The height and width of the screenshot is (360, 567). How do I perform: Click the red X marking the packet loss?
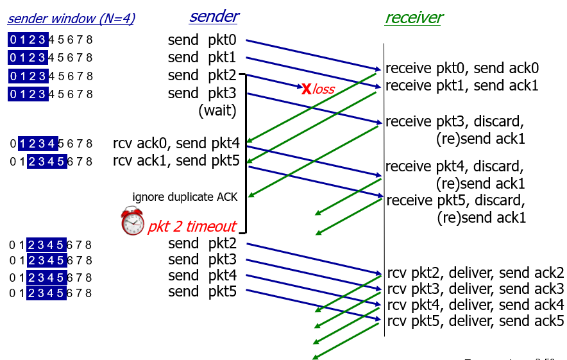coord(307,89)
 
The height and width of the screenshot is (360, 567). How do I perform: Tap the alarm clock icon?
coord(133,221)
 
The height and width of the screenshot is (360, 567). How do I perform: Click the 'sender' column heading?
coord(214,17)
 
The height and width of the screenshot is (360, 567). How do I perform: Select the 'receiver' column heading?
coord(413,17)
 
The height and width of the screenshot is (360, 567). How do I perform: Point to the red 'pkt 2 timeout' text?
coord(192,227)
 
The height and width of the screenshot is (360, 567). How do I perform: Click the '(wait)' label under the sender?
coord(217,110)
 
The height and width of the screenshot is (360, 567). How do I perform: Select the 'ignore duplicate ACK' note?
coord(185,197)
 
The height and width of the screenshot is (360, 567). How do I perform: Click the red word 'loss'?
coord(324,89)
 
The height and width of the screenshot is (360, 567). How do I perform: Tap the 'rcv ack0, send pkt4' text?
coord(176,143)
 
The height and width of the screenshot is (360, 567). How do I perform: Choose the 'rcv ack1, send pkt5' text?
coord(176,160)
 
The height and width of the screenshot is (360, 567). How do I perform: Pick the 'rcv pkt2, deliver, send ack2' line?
coord(475,272)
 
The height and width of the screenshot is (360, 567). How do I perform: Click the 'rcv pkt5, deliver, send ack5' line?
coord(475,320)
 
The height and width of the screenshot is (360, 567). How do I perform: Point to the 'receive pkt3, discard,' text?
coord(455,121)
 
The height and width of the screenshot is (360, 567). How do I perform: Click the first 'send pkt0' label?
coord(202,40)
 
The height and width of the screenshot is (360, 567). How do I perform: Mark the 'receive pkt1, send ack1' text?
coord(462,85)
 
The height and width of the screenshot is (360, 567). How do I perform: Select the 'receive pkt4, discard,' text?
coord(455,167)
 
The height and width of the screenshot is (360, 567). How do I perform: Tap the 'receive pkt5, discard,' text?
coord(455,200)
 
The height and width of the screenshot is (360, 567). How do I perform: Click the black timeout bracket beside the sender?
coord(246,154)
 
